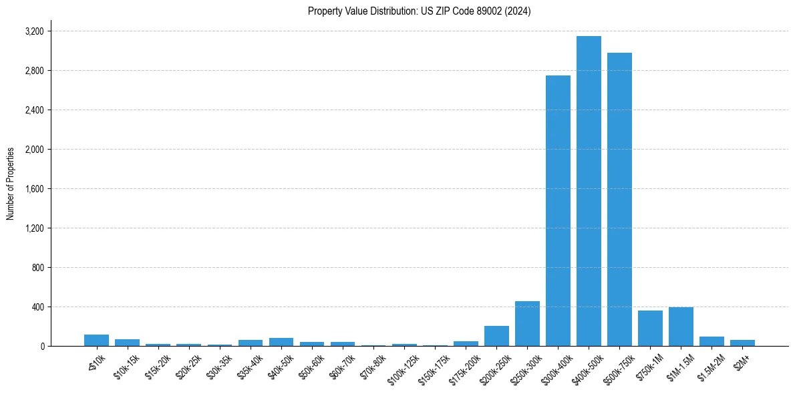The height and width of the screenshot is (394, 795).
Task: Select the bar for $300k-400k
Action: [558, 211]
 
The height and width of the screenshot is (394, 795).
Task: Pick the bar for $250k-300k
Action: [527, 324]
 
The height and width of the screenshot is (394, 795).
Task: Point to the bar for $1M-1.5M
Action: [681, 327]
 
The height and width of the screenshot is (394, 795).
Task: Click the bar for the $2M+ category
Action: [742, 343]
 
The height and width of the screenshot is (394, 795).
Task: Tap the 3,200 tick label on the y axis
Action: [34, 31]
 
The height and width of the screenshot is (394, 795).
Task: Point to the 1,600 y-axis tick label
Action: [34, 189]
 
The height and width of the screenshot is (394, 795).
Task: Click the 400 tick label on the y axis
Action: [37, 307]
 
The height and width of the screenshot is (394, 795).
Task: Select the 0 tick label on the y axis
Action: [41, 347]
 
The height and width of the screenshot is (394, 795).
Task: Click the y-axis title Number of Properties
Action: [10, 184]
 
